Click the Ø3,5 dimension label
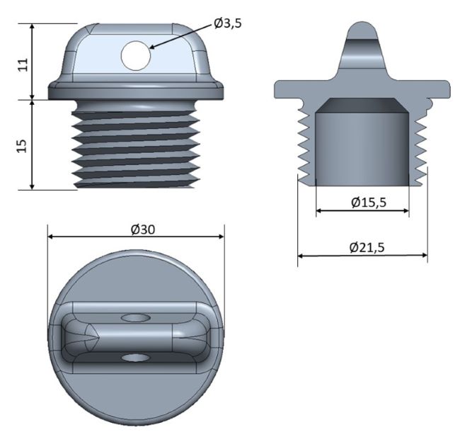click(228, 23)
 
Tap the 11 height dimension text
click(23, 64)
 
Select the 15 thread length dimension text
click(22, 146)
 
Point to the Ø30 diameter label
click(142, 229)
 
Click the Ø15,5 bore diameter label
click(369, 203)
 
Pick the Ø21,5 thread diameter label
click(367, 247)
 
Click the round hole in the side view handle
click(136, 55)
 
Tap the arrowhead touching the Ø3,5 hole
click(153, 46)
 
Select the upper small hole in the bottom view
click(136, 318)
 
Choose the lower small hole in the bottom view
click(136, 358)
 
